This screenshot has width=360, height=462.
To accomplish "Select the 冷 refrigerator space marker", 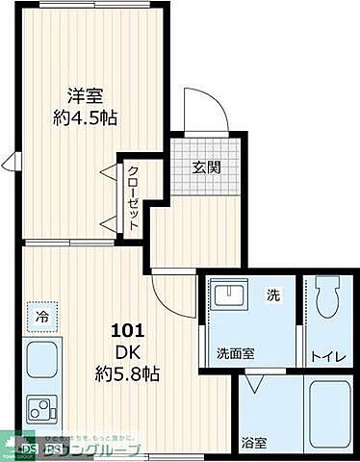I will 42,315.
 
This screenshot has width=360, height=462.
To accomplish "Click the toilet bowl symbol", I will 323,297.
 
